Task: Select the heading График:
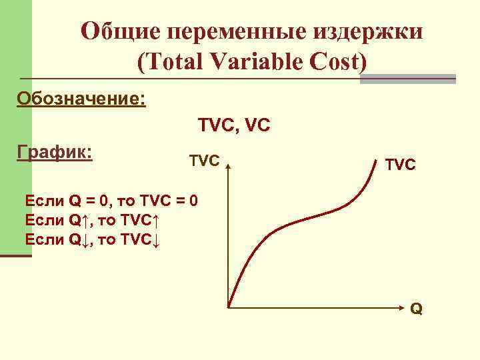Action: point(54,151)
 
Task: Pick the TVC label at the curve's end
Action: point(400,164)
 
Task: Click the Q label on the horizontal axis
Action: point(416,309)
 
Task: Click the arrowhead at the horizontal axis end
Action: point(405,308)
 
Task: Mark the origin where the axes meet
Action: point(229,308)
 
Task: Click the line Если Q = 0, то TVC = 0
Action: point(110,200)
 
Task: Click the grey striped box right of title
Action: point(408,78)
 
